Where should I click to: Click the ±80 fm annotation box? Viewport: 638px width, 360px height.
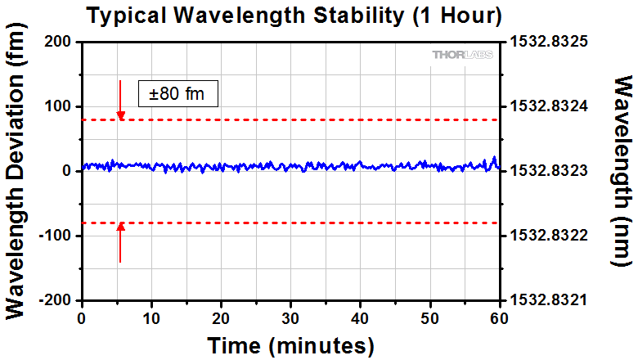pyautogui.click(x=177, y=93)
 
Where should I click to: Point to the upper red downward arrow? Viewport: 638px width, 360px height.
pyautogui.click(x=120, y=101)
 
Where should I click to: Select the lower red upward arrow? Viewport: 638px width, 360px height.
pyautogui.click(x=120, y=242)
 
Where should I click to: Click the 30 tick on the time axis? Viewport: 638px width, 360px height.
pyautogui.click(x=290, y=317)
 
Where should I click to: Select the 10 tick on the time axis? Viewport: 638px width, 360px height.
pyautogui.click(x=151, y=317)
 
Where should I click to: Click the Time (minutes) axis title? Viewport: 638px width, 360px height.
pyautogui.click(x=290, y=344)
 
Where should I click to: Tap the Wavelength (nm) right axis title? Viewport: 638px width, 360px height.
pyautogui.click(x=622, y=171)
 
